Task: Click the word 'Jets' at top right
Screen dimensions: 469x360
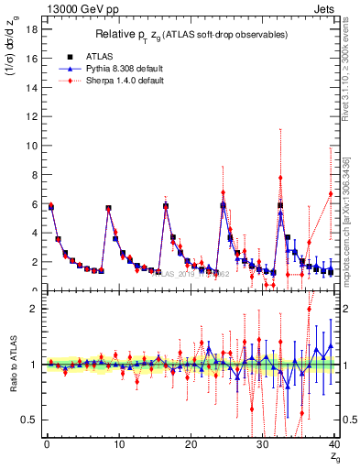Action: pyautogui.click(x=326, y=9)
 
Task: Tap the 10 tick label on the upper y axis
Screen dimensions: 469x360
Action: pyautogui.click(x=31, y=146)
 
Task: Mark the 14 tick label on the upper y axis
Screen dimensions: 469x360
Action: pyautogui.click(x=31, y=87)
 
